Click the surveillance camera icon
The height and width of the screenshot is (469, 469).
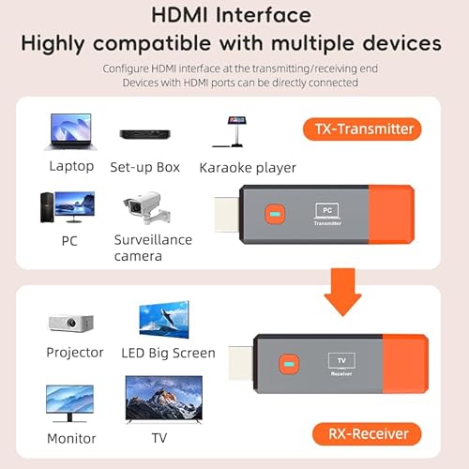tap(146, 209)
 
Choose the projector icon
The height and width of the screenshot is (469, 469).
tap(71, 323)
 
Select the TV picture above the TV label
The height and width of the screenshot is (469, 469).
tap(164, 398)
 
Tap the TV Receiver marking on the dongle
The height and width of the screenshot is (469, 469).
tap(340, 363)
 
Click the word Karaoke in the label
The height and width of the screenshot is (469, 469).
tap(225, 168)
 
